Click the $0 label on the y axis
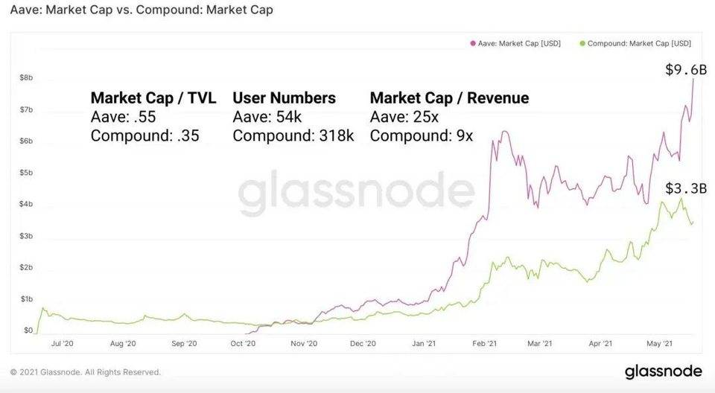coord(28,330)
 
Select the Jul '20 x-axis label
coord(62,344)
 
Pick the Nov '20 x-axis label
coord(303,344)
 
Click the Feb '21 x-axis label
coord(484,344)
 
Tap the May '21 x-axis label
coord(659,344)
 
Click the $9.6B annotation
coord(685,70)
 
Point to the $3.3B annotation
coord(685,188)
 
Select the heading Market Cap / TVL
coord(153,98)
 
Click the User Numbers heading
coord(285,98)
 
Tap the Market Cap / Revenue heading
coord(449,98)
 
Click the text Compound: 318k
coord(293,135)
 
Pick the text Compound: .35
coord(144,135)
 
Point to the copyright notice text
coord(85,372)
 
